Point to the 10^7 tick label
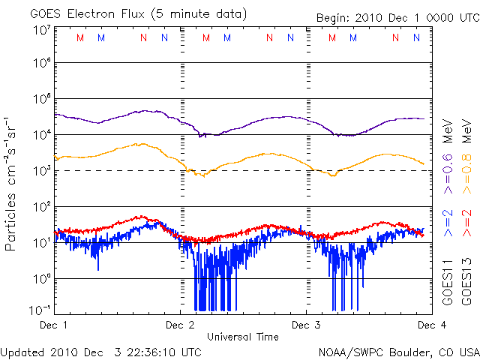(x=40, y=30)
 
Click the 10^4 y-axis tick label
(x=40, y=135)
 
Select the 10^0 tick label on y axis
(x=40, y=278)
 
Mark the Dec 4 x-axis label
(x=428, y=325)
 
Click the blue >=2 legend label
(x=447, y=225)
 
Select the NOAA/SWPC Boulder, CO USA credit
(x=397, y=351)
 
